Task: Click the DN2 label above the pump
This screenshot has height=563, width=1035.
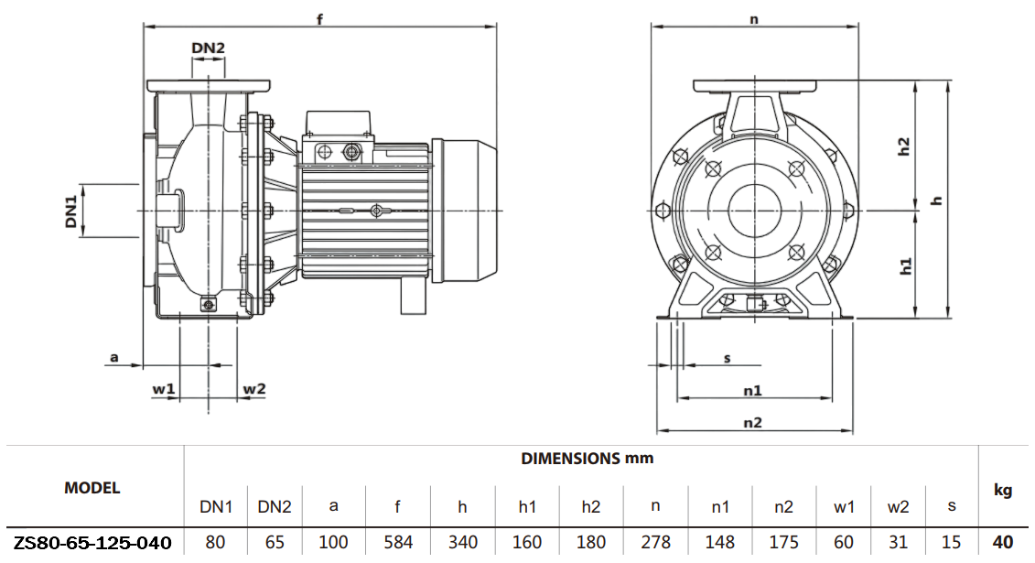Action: [208, 49]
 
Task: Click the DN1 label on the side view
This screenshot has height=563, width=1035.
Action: [70, 210]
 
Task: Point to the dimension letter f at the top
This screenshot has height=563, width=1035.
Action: [319, 18]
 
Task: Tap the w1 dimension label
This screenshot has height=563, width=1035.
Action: [164, 389]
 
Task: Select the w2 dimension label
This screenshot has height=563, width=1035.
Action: [253, 389]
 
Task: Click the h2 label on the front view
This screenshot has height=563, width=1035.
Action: [904, 146]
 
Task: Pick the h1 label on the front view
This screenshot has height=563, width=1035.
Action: [905, 266]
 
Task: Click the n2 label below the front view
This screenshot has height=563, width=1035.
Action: [752, 422]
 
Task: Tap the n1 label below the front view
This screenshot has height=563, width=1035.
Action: [752, 390]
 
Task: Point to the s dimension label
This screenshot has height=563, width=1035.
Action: [728, 357]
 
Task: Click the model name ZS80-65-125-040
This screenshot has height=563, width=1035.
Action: [92, 542]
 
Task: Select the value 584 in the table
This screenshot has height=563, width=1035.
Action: [398, 542]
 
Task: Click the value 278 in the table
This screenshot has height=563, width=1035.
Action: [656, 542]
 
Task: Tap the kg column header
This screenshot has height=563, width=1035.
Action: [1002, 491]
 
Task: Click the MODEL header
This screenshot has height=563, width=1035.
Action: [92, 488]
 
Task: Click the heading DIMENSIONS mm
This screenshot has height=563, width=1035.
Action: [587, 458]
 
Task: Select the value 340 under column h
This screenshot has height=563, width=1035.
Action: [463, 542]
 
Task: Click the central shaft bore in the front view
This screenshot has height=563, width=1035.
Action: [755, 211]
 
